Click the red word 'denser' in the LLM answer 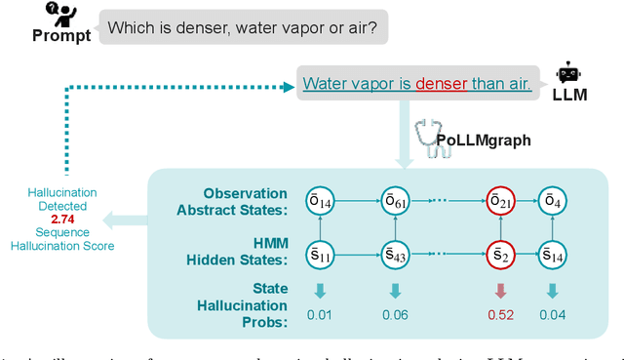pyautogui.click(x=442, y=85)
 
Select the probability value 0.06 pyautogui.click(x=395, y=314)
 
